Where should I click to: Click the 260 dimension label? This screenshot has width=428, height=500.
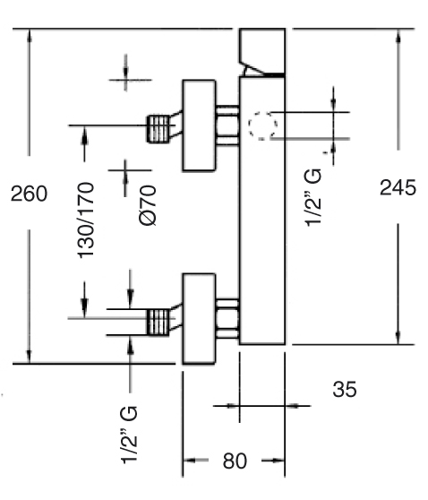(x=29, y=194)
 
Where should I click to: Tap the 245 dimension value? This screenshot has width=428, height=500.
(x=398, y=187)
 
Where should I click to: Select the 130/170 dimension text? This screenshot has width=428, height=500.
(x=86, y=220)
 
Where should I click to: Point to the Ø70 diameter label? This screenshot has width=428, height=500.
(x=148, y=206)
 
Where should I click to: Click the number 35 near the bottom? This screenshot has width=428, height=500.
(x=345, y=389)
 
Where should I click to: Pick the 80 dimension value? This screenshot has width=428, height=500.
(x=235, y=461)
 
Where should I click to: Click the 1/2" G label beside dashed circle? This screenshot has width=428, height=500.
(x=313, y=198)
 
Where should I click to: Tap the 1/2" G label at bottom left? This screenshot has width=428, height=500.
(x=129, y=435)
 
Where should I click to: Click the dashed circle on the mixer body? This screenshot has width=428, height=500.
(x=262, y=125)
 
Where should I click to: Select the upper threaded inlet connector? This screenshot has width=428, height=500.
(x=158, y=129)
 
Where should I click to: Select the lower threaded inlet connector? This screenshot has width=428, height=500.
(x=158, y=322)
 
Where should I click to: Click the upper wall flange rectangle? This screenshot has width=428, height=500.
(x=199, y=125)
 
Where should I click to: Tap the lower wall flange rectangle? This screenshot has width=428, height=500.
(x=199, y=319)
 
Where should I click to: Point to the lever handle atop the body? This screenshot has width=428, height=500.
(x=262, y=52)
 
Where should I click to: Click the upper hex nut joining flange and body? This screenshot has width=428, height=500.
(x=227, y=125)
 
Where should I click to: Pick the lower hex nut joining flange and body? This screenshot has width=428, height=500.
(x=227, y=319)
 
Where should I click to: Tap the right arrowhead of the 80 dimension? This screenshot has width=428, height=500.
(x=278, y=461)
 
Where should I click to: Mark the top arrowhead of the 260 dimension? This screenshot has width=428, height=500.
(x=30, y=36)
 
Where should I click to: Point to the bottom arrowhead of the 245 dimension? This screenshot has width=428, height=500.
(x=398, y=338)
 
